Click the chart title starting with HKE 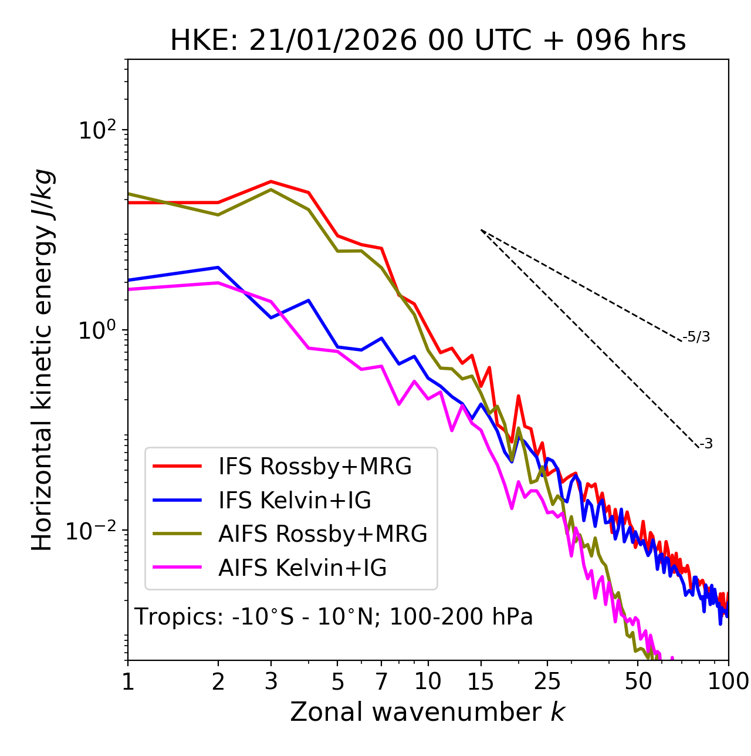tap(428, 41)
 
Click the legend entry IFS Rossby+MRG tap(314, 467)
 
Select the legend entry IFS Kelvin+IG tap(295, 501)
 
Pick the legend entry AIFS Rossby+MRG tap(323, 534)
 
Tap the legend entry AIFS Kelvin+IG tap(302, 568)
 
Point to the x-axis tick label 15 tap(481, 681)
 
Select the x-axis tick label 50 tap(638, 681)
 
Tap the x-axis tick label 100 tap(728, 681)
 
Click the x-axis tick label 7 tap(381, 681)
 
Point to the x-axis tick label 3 tap(271, 681)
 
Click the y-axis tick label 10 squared tap(97, 130)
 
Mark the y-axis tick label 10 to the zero tap(97, 330)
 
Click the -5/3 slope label tap(696, 337)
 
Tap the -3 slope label tap(706, 444)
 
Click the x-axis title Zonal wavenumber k tap(427, 712)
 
